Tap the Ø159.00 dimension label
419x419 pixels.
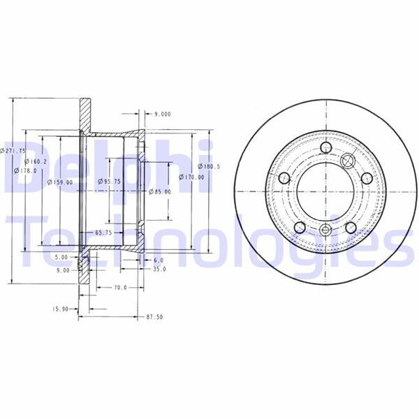click(60, 183)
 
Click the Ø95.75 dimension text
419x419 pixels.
click(108, 182)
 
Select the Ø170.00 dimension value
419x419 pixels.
click(193, 177)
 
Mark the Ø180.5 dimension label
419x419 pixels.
click(209, 166)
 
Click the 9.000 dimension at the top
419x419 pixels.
click(162, 113)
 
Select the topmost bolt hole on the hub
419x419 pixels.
click(326, 148)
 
